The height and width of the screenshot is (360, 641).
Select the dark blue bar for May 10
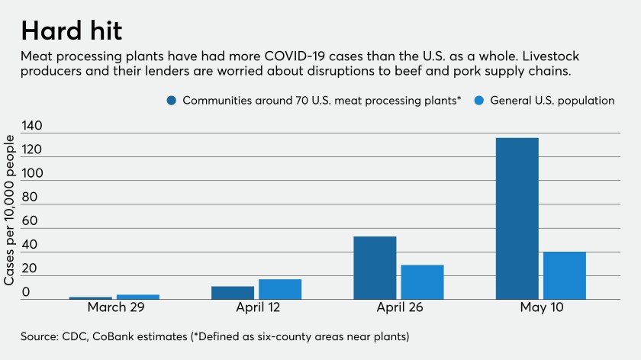(x=517, y=218)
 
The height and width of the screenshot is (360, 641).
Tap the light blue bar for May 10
(x=564, y=275)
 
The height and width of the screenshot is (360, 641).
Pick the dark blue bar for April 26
(x=375, y=268)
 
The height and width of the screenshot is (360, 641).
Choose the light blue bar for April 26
(x=422, y=281)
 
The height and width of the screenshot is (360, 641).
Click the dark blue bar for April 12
(x=233, y=292)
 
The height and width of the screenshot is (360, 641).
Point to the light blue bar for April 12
(x=280, y=289)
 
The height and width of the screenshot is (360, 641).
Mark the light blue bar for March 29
(x=138, y=297)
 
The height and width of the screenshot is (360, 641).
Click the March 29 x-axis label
(x=114, y=310)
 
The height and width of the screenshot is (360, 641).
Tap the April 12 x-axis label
(x=256, y=310)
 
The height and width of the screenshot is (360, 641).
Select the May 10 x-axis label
(x=540, y=310)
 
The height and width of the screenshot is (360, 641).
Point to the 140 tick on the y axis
(x=33, y=126)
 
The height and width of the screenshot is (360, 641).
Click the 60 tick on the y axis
(x=30, y=221)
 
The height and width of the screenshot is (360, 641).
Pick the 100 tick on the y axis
(x=33, y=173)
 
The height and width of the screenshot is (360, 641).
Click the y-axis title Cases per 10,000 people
(x=9, y=210)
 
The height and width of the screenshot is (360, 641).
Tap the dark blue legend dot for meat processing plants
(x=171, y=101)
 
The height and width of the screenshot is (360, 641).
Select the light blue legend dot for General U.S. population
(x=478, y=101)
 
